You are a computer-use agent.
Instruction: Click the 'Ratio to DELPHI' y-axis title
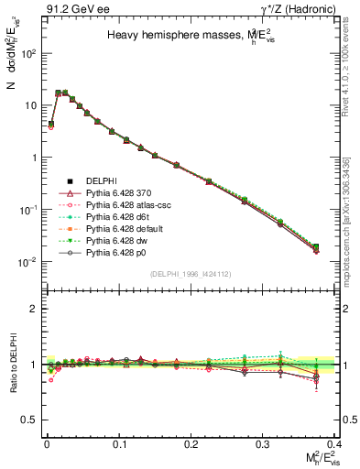(x=11, y=364)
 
